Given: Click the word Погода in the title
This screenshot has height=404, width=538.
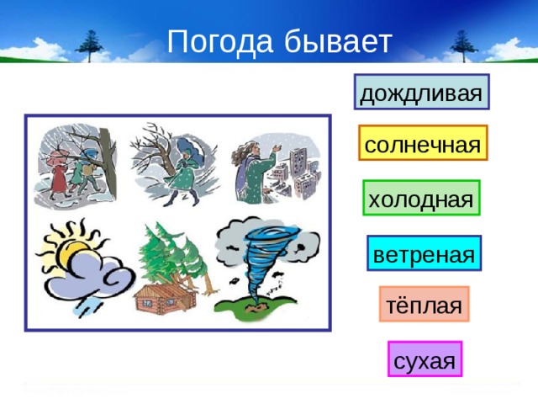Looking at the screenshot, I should click(x=218, y=41).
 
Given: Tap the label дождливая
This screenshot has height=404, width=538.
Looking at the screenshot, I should click(x=421, y=93).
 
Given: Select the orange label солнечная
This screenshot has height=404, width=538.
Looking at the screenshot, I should click(x=423, y=145).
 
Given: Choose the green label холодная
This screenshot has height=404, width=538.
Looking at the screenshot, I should click(x=420, y=199).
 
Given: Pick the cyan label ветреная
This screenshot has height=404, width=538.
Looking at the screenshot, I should click(x=424, y=253).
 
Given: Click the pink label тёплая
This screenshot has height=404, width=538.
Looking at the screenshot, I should click(x=423, y=305).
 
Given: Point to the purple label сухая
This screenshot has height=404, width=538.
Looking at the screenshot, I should click(x=425, y=360).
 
